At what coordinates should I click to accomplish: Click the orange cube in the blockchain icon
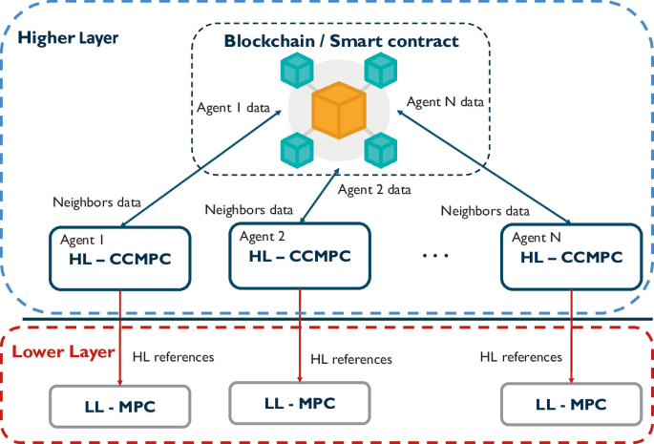339,110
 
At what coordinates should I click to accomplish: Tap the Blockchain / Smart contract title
341,41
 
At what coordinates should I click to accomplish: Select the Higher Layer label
68,38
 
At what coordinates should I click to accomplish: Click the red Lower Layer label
63,351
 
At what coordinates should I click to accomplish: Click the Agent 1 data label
233,108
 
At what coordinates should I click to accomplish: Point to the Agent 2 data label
374,190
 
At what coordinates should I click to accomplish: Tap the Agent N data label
445,102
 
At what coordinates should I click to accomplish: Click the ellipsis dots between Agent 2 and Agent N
435,255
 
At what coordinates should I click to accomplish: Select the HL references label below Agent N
521,357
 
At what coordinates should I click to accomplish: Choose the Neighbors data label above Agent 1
96,202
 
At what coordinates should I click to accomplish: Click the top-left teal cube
297,70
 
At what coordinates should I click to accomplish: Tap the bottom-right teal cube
381,150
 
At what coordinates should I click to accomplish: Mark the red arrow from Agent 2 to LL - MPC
300,335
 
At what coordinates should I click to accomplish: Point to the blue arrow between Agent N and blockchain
484,167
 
